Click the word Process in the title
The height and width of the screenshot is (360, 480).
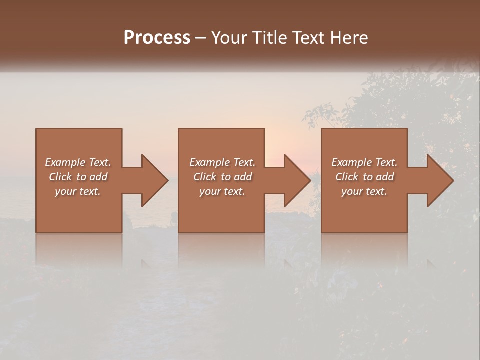(157, 38)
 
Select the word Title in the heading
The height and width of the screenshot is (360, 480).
(265, 38)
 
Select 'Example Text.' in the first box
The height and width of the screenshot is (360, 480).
(78, 162)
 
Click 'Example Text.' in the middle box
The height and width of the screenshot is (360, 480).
(222, 162)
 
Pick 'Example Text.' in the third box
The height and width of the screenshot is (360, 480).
(364, 162)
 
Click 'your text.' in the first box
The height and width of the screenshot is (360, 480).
(78, 191)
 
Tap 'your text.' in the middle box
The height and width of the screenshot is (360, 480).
(222, 191)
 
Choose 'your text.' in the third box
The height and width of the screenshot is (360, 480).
(364, 191)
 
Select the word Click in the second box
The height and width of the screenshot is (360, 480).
(205, 177)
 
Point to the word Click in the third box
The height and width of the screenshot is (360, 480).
(347, 177)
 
